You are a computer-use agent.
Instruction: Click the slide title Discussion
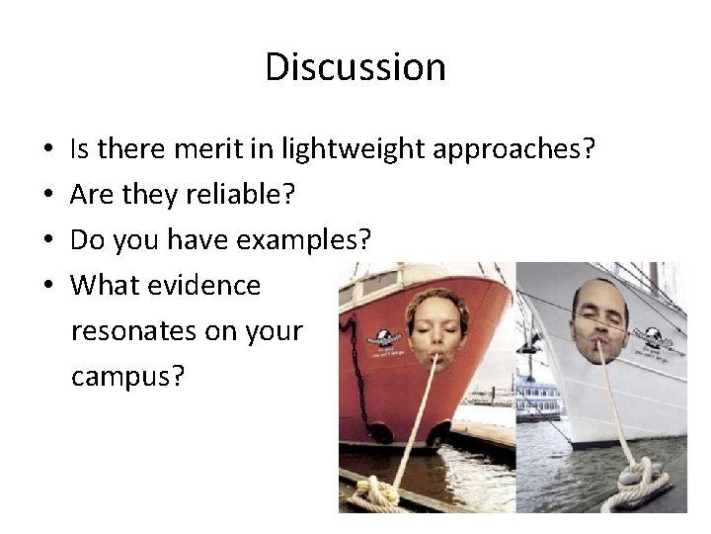(355, 67)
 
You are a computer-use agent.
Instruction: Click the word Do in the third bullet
(87, 240)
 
